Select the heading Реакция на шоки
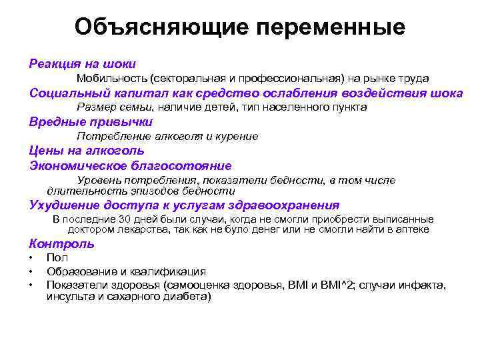83,64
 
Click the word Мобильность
111,79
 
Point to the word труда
414,79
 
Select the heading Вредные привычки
91,122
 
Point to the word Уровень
99,181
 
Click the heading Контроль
62,243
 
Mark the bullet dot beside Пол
31,258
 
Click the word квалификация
173,271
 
